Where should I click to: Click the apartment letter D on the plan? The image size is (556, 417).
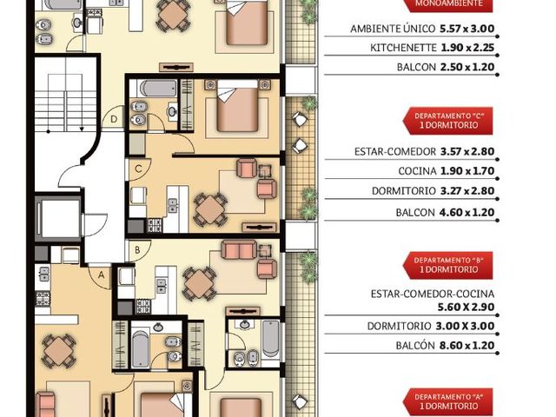click(114, 119)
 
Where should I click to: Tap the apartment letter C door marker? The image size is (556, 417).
click(138, 169)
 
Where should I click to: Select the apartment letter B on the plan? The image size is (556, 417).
click(137, 250)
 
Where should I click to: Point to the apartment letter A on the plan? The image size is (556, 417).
click(102, 275)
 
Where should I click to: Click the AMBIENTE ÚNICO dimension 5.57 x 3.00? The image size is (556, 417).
click(467, 29)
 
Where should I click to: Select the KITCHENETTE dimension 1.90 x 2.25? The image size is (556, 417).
click(467, 48)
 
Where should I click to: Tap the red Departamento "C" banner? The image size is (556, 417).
click(448, 121)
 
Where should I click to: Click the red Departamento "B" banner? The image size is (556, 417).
click(448, 266)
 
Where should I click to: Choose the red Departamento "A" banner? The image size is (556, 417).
click(448, 402)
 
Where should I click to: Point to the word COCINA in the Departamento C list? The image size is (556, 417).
click(417, 171)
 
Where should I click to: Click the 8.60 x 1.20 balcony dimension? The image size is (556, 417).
click(467, 346)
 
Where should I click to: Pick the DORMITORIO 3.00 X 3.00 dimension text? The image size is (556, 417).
click(431, 327)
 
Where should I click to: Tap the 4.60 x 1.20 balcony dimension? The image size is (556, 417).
click(467, 212)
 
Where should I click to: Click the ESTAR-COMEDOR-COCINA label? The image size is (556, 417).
click(433, 294)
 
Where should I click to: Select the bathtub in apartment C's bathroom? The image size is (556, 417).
click(158, 89)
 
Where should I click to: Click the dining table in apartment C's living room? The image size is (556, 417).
click(210, 210)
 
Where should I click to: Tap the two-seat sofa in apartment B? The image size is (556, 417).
click(239, 249)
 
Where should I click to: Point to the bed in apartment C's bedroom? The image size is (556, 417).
click(237, 106)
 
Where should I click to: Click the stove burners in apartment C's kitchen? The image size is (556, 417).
click(155, 226)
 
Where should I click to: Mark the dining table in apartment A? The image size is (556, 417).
click(58, 351)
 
